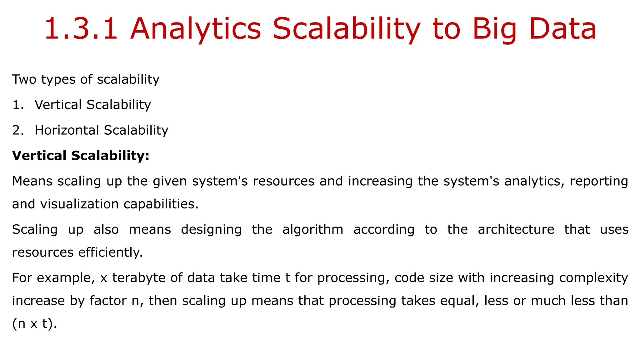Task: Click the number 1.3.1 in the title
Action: (x=81, y=29)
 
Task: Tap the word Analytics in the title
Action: (x=195, y=29)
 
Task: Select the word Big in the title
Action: (x=494, y=29)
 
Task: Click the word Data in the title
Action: (x=563, y=29)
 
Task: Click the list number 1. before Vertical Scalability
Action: (x=18, y=105)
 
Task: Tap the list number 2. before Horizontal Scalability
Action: (x=18, y=130)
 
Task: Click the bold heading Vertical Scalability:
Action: (x=81, y=156)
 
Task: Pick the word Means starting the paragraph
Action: (x=32, y=181)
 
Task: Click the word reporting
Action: (x=599, y=181)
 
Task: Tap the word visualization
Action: (x=79, y=204)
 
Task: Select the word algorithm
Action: (x=312, y=229)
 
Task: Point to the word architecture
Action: (x=516, y=229)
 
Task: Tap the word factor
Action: (x=108, y=301)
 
